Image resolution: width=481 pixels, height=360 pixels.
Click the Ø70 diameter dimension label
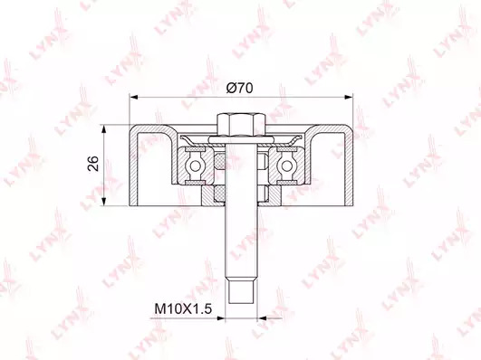pyautogui.click(x=239, y=89)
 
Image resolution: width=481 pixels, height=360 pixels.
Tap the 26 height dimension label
pyautogui.click(x=93, y=164)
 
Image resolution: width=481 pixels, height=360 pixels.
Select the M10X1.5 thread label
pyautogui.click(x=183, y=308)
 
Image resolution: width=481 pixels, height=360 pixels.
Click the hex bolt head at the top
pyautogui.click(x=241, y=125)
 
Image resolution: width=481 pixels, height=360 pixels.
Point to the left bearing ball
pyautogui.click(x=194, y=166)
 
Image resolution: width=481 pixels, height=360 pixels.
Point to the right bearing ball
pyautogui.click(x=286, y=166)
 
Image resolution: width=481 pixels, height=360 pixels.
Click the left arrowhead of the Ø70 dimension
pyautogui.click(x=133, y=97)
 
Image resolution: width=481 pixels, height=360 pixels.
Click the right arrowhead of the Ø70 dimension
pyautogui.click(x=349, y=97)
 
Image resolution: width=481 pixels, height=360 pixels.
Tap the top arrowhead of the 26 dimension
pyautogui.click(x=105, y=128)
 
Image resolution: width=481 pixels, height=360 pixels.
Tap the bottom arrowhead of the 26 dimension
pyautogui.click(x=105, y=202)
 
